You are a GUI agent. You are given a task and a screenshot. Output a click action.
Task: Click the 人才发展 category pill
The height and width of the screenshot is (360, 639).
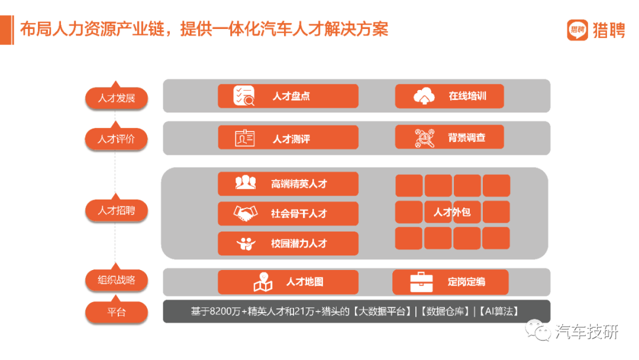point(116,98)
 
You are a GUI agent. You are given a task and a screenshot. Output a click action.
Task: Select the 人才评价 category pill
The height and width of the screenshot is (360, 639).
point(116,139)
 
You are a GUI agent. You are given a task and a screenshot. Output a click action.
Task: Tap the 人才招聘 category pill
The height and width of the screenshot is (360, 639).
point(116,210)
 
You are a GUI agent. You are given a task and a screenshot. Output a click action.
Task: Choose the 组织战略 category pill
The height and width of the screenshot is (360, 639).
point(116,280)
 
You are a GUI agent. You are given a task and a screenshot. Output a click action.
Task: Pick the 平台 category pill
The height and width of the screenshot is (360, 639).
point(116,312)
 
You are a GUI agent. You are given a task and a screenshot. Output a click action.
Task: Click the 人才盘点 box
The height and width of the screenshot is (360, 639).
point(288,97)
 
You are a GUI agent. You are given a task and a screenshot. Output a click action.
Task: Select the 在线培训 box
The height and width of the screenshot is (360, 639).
point(450,97)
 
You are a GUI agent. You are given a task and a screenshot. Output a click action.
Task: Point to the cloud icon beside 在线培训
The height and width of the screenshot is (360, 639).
point(424,97)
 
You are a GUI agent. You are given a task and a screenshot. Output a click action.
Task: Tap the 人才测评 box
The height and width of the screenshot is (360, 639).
point(288,137)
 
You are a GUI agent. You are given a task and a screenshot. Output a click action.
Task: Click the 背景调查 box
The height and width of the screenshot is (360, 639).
point(450,137)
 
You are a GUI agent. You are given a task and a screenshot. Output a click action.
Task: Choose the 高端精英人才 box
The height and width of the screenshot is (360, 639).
point(288,184)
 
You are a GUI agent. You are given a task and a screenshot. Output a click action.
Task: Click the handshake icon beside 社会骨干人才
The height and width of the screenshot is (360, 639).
point(246,213)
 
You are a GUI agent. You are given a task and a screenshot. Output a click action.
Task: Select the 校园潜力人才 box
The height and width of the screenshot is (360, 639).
point(288,243)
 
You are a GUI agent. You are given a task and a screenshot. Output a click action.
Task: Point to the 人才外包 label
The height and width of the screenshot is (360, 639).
point(452,212)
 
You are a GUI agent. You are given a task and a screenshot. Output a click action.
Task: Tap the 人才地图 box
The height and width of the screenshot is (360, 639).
point(288,282)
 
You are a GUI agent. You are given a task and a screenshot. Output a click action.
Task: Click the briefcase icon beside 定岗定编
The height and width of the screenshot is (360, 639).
point(421,282)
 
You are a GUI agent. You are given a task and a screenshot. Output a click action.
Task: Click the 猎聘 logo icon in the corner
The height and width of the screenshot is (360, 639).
point(577,30)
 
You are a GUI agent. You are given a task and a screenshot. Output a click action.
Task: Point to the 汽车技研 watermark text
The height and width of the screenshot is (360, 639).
point(587,332)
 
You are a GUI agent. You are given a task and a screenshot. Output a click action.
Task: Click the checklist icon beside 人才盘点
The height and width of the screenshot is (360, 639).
point(244,96)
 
